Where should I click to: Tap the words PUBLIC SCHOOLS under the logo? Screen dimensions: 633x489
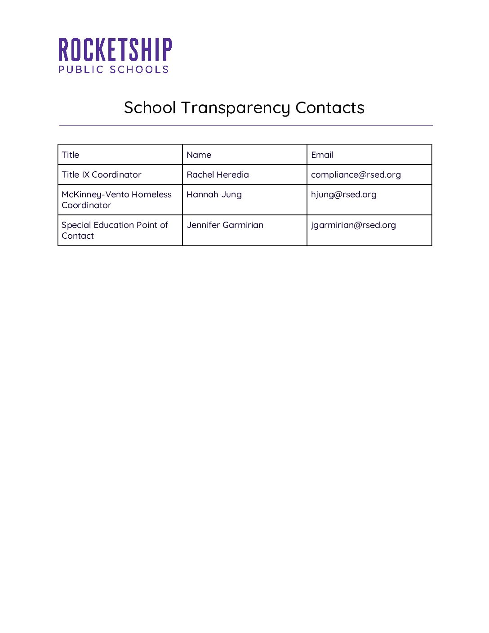coord(114,70)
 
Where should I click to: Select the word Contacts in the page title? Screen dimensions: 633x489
coord(330,108)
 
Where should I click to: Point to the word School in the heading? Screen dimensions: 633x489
coord(150,108)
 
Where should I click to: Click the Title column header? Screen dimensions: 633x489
coord(71,155)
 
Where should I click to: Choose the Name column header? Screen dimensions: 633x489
coord(199,155)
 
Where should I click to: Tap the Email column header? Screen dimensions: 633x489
coord(322,155)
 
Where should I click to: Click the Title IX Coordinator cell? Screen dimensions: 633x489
coord(102,175)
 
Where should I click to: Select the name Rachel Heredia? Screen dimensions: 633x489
coord(218,175)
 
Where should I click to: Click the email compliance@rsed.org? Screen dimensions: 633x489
coord(356,175)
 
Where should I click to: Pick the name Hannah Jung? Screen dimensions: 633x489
coord(214,195)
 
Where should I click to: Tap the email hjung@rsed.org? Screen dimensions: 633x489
coord(343,195)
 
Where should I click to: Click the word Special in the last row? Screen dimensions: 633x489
coord(76,225)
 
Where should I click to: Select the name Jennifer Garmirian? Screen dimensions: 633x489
coord(225,225)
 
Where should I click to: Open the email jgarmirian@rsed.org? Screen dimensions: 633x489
coord(353,225)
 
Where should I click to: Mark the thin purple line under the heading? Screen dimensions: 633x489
coord(245,125)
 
